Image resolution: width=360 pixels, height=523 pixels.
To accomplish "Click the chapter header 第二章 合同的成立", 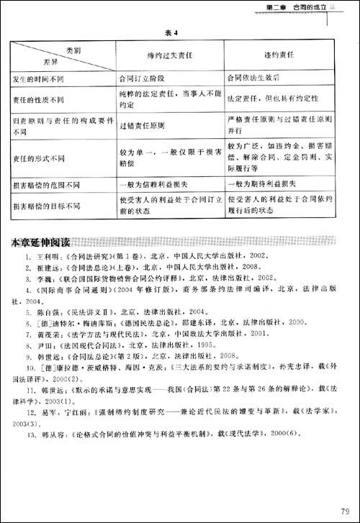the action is [x=292, y=7].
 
